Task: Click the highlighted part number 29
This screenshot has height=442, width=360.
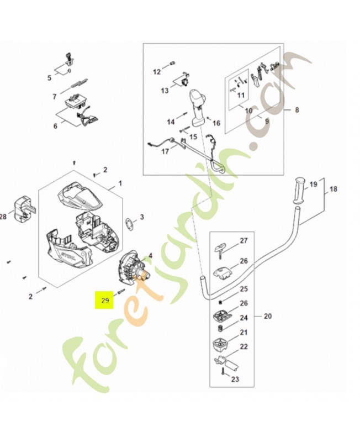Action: pos(104,301)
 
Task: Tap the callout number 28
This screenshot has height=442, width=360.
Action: pos(3,217)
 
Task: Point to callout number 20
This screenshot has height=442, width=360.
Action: pos(268,317)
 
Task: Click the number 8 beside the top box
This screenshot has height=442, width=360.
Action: pos(297,109)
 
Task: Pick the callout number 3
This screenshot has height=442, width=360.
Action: pos(142,217)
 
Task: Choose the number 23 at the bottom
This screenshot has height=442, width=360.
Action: pos(235,380)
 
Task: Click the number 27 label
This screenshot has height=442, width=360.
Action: pos(243,241)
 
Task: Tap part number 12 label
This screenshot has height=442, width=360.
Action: pos(156,71)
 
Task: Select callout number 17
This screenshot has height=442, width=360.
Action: pos(165,151)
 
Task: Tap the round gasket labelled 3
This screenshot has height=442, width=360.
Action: pos(129,224)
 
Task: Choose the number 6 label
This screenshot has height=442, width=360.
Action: pos(55,126)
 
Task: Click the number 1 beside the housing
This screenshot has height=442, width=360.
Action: pos(120,183)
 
